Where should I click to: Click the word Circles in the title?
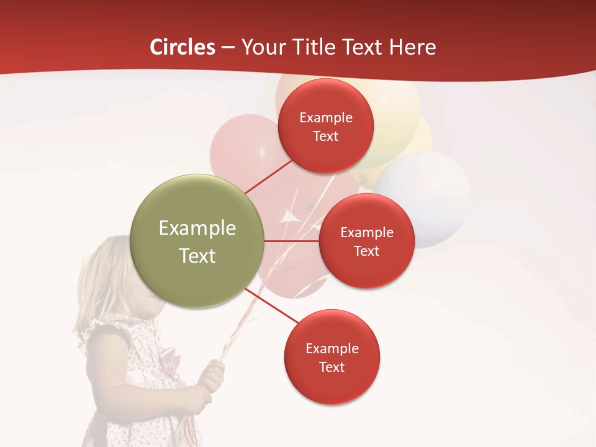(182, 47)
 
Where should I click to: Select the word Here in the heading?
(412, 47)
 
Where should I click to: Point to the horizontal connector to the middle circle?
(292, 241)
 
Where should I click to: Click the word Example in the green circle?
(197, 228)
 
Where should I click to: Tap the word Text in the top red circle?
(326, 136)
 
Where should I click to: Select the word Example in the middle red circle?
(366, 232)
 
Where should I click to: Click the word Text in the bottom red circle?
(332, 367)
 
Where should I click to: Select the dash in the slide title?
(228, 47)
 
